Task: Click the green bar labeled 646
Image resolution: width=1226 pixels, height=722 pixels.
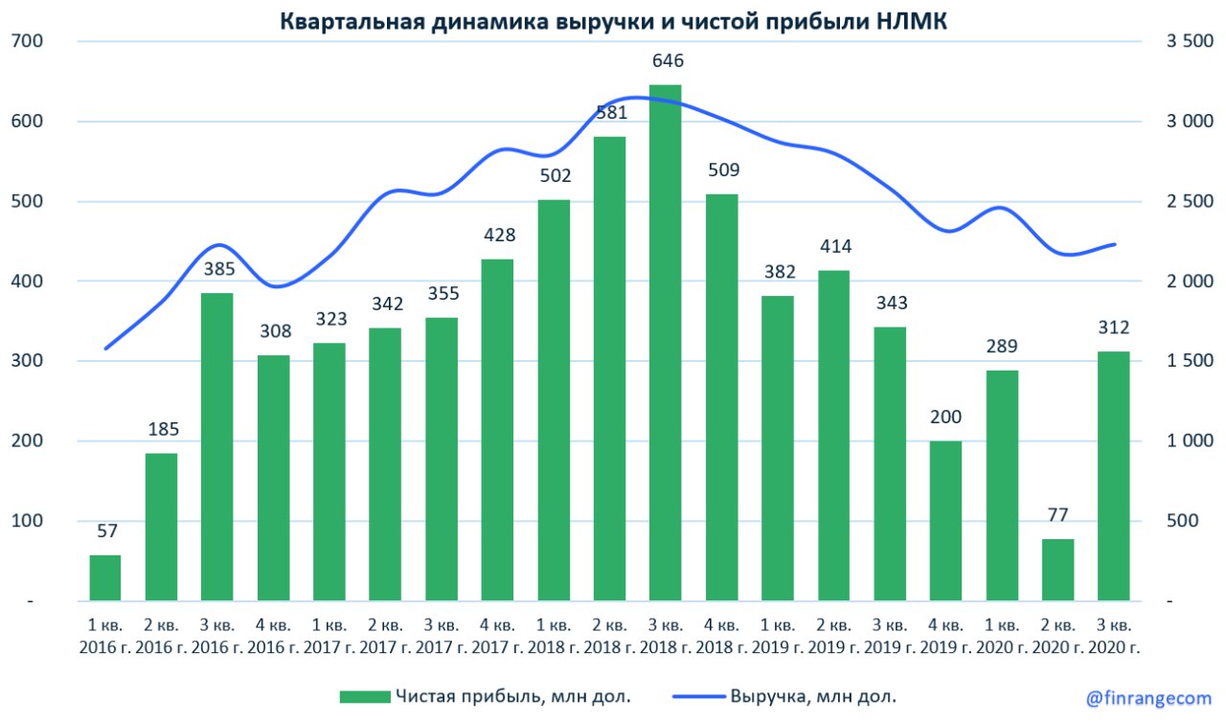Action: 666,343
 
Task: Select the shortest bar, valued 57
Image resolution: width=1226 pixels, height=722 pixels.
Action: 105,577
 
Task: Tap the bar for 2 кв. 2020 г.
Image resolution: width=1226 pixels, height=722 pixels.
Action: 1058,570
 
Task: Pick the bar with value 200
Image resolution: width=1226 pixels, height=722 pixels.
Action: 946,521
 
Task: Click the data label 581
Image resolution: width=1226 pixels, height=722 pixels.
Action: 610,112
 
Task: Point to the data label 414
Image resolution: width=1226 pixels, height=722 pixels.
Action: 834,246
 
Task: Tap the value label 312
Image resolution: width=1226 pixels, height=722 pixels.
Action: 1114,327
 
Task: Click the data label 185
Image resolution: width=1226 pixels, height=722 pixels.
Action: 161,429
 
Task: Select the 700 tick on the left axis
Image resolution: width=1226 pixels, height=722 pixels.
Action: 30,41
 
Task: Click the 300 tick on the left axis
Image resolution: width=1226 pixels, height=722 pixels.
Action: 30,361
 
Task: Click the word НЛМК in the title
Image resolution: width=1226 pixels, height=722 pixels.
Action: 910,21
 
